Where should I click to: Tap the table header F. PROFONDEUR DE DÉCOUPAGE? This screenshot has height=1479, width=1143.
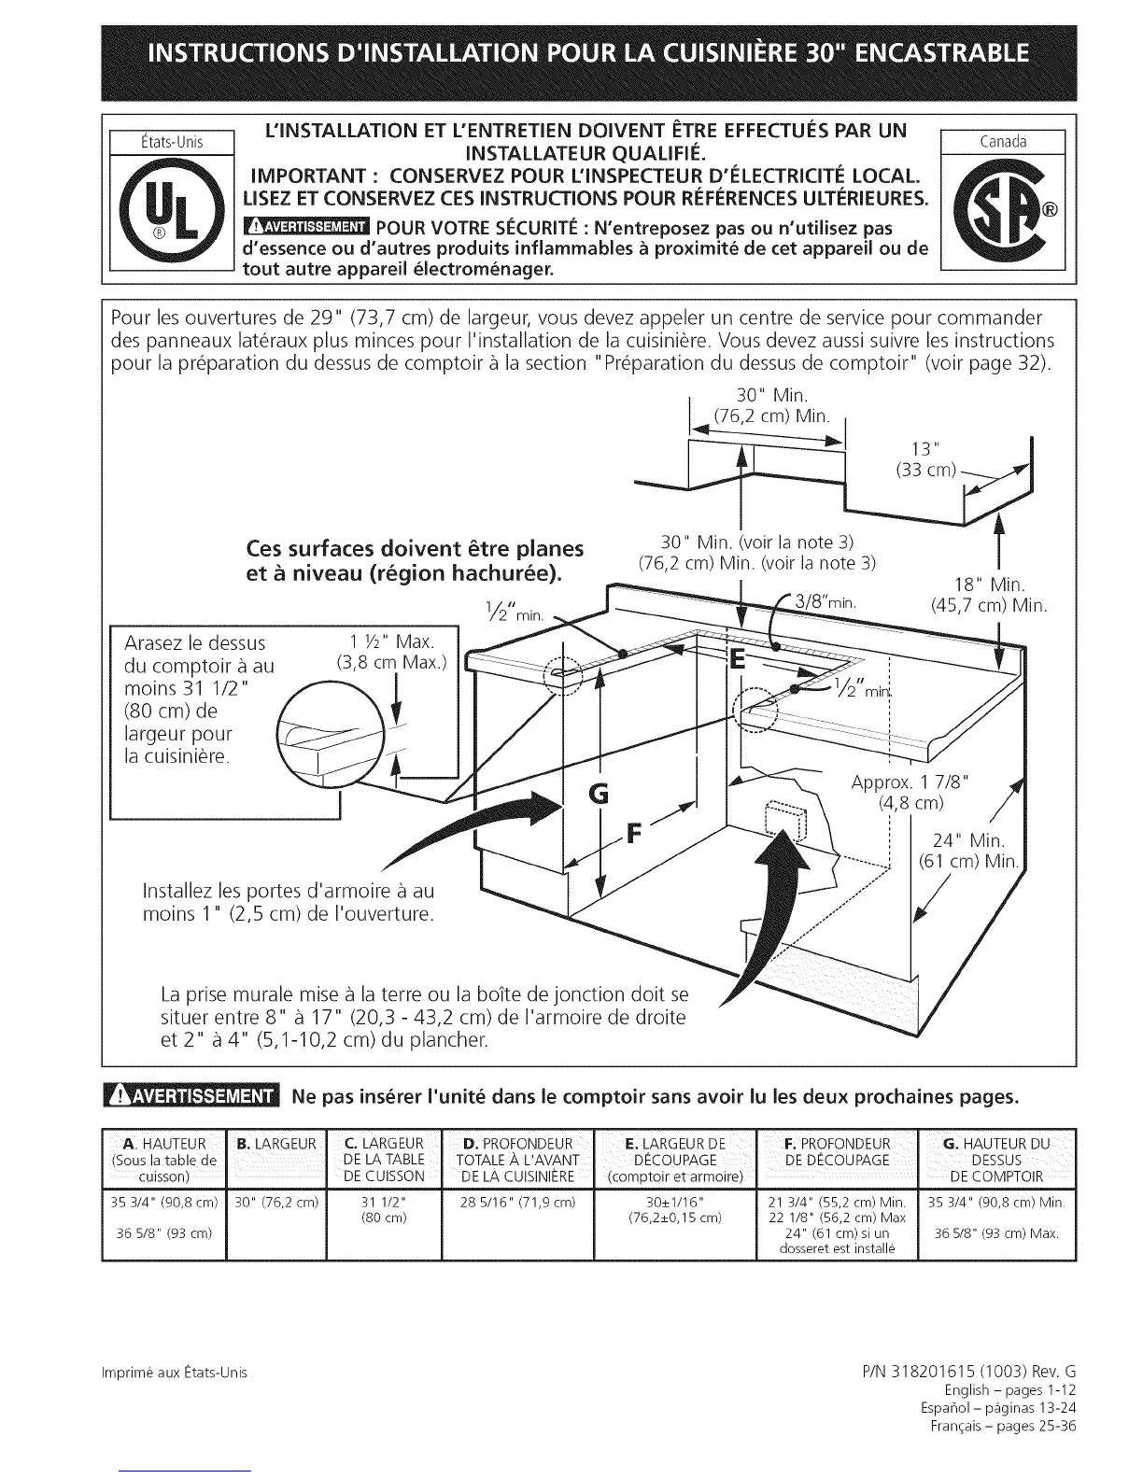coord(835,1151)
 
